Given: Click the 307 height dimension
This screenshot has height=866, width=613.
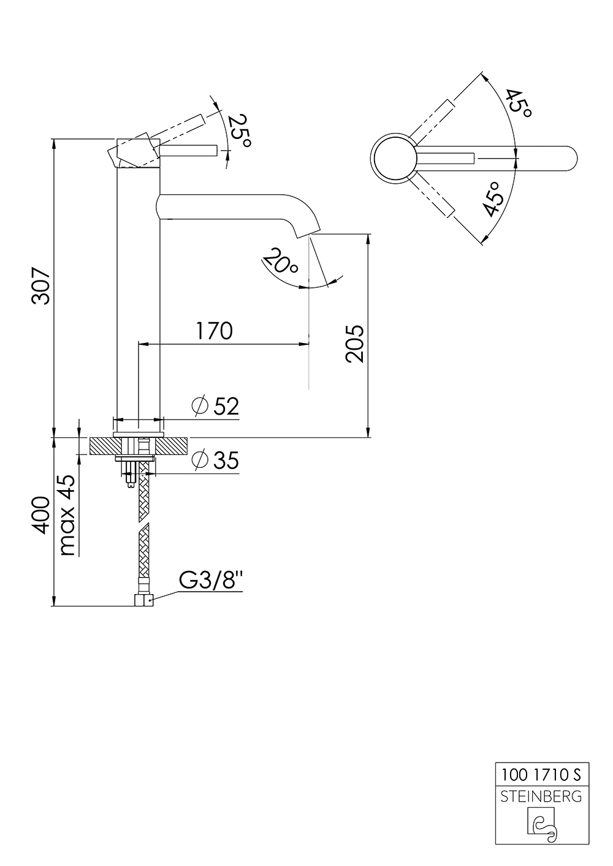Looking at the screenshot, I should pyautogui.click(x=41, y=285).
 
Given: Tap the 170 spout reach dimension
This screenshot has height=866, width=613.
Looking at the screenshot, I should pyautogui.click(x=214, y=331).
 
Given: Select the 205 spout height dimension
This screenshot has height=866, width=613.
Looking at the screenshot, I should pyautogui.click(x=354, y=344).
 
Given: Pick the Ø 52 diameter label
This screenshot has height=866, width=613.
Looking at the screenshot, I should pyautogui.click(x=215, y=406).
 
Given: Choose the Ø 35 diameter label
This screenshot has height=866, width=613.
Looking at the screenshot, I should pyautogui.click(x=215, y=461).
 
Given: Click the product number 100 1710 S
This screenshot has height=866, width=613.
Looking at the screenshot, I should pyautogui.click(x=541, y=775).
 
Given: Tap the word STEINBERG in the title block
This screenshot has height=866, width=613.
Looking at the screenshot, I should pyautogui.click(x=541, y=796).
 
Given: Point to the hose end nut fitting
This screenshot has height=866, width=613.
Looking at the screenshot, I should pyautogui.click(x=143, y=600).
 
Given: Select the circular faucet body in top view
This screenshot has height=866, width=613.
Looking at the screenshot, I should pyautogui.click(x=394, y=158).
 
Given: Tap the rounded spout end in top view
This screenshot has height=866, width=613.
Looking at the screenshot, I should pyautogui.click(x=567, y=159).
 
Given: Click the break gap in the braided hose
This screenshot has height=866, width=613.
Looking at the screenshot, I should pyautogui.click(x=143, y=522).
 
